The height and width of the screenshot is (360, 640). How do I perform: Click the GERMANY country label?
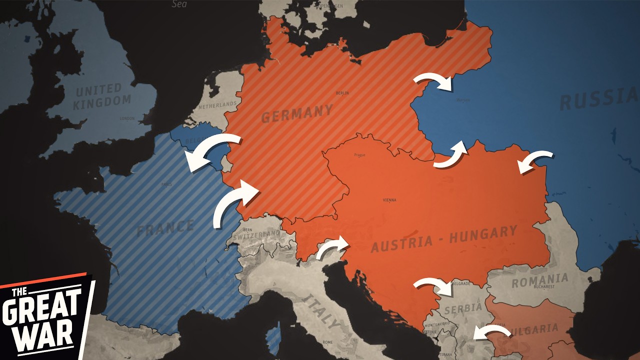296,114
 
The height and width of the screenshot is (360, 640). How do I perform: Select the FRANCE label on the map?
165,228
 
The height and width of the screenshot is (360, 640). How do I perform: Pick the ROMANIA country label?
539,280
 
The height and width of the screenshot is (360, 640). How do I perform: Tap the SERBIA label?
462,308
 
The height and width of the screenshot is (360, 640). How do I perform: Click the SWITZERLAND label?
256,234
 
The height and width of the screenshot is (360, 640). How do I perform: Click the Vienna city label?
389,200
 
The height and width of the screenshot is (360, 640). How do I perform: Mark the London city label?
127,118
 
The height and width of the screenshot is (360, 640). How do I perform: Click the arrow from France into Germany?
235,202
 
